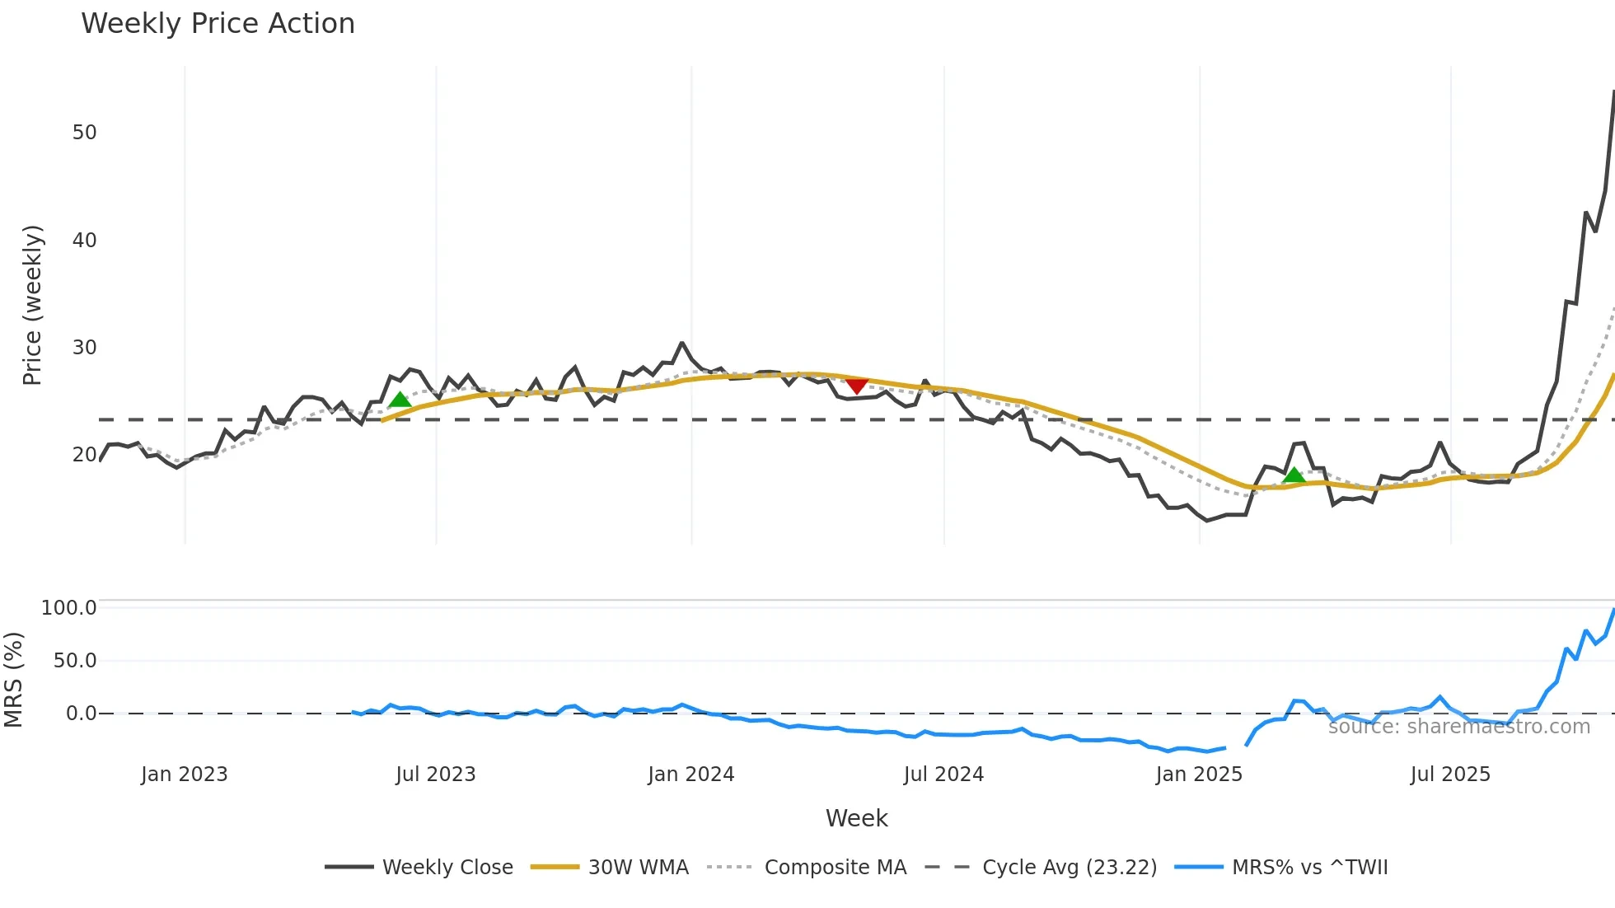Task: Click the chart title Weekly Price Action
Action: pos(218,24)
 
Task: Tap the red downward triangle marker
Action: pos(857,386)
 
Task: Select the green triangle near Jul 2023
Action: pos(400,400)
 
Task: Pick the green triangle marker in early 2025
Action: pos(1294,475)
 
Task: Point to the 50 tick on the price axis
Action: pos(84,133)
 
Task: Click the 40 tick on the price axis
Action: pos(84,241)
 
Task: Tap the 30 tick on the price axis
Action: pos(84,348)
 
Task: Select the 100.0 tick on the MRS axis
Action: pos(69,608)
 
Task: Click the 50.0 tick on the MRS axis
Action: pos(75,661)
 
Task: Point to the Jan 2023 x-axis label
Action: pos(184,775)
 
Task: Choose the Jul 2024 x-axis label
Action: pos(943,775)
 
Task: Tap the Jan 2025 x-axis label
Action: pos(1199,775)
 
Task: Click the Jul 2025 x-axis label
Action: pos(1450,775)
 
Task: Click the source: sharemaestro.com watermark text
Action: pos(1459,727)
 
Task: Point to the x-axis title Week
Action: pos(857,818)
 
